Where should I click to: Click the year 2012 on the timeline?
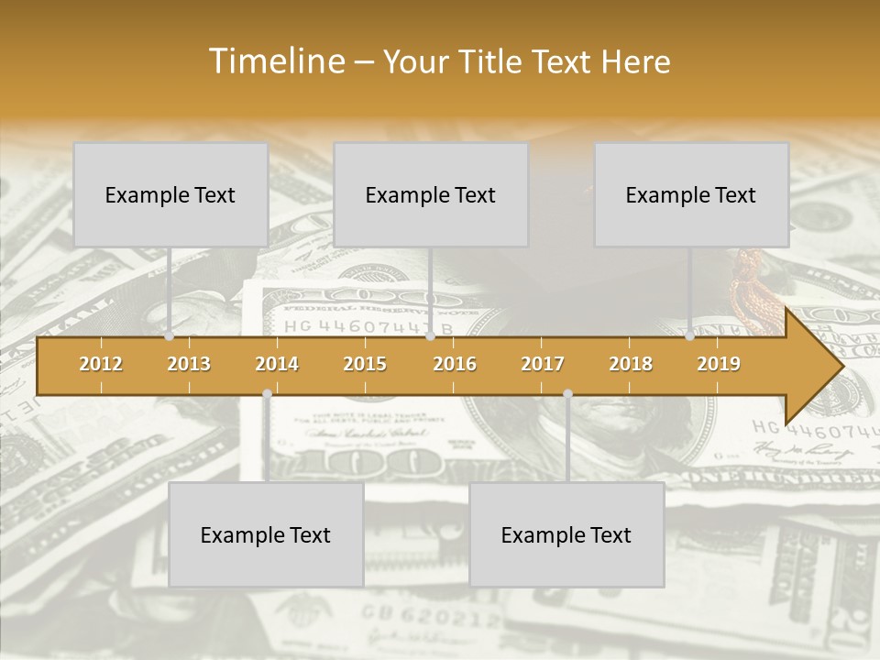click(x=101, y=364)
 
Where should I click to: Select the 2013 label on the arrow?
click(x=189, y=364)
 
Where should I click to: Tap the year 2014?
click(x=277, y=364)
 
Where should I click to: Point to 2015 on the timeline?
click(x=365, y=364)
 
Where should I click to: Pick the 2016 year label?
click(x=455, y=364)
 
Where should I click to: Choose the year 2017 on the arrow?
click(x=543, y=364)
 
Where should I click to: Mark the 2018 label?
click(x=631, y=364)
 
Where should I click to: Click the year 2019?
click(x=719, y=364)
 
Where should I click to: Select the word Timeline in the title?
click(x=276, y=61)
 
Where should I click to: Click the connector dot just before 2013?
click(x=169, y=336)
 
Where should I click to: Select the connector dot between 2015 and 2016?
click(x=430, y=336)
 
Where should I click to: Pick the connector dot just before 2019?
click(x=690, y=336)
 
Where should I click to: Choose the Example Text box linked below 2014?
click(x=266, y=534)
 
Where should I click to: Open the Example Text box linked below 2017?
click(x=566, y=534)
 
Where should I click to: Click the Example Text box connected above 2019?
click(x=691, y=194)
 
